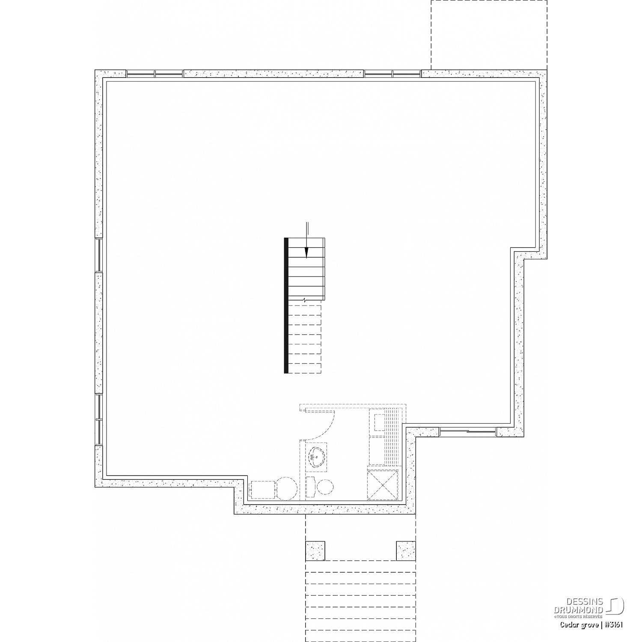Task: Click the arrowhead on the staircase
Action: click(x=306, y=253)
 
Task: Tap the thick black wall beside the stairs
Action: click(x=286, y=305)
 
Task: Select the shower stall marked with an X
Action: click(x=383, y=484)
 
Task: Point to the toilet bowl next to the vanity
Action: click(x=325, y=486)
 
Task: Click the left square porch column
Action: click(x=315, y=551)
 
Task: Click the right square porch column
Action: click(x=406, y=551)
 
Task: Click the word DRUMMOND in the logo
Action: click(x=579, y=609)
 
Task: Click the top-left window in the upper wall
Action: click(x=155, y=74)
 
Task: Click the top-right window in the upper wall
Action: click(x=392, y=74)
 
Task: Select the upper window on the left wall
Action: click(x=99, y=256)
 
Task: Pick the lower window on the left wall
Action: click(x=99, y=419)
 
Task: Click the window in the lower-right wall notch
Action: click(x=468, y=431)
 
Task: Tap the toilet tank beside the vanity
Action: click(x=311, y=487)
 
